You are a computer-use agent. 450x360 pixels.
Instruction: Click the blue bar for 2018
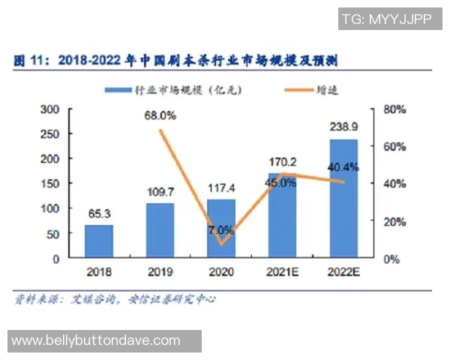(x=98, y=241)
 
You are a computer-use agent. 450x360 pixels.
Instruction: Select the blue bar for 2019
(x=160, y=230)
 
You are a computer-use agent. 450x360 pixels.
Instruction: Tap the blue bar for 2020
(x=221, y=228)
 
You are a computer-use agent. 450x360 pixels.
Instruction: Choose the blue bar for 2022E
(x=343, y=198)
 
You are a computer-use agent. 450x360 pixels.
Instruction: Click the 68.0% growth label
(x=160, y=115)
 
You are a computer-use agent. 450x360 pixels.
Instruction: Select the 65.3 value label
(x=98, y=213)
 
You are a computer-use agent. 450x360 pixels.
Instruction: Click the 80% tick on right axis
(x=394, y=109)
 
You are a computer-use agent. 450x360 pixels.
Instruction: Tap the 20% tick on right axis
(x=394, y=221)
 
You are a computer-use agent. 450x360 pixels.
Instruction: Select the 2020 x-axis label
(x=221, y=271)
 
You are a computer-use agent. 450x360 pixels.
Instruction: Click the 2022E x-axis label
(x=344, y=271)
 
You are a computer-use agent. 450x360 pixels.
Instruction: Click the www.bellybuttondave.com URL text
(x=96, y=340)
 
